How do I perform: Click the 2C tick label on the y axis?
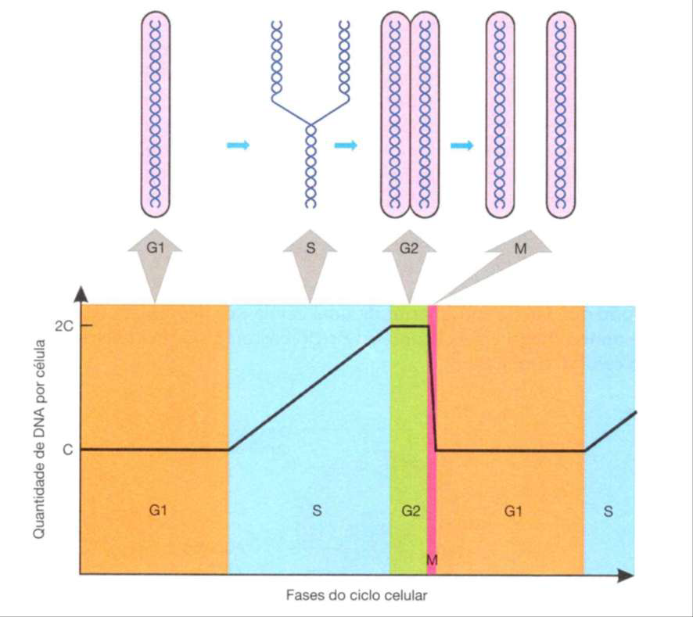64,326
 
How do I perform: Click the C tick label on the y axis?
67,450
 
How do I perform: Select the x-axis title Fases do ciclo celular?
357,595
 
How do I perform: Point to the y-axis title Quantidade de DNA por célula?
39,439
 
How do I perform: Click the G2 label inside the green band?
411,511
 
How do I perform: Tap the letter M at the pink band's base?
432,560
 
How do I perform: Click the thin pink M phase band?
433,439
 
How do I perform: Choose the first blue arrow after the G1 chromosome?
239,145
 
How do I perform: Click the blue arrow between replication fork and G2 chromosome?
346,145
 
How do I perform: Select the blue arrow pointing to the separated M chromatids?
461,145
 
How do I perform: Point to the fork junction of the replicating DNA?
311,124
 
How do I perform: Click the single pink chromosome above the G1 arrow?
155,114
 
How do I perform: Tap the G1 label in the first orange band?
158,511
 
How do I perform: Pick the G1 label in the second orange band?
513,511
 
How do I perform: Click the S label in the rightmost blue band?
609,511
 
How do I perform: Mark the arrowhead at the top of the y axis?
80,293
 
